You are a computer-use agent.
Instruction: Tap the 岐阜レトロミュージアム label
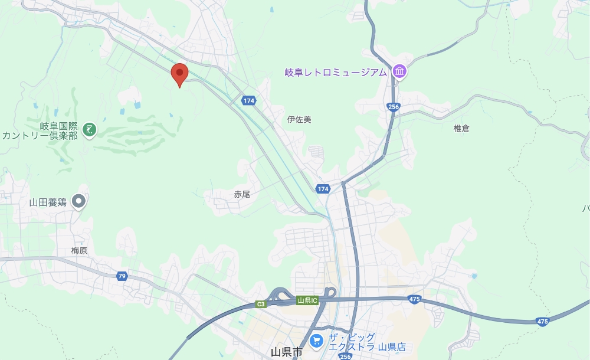(x=336, y=72)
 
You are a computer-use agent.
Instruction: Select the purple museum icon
(x=400, y=72)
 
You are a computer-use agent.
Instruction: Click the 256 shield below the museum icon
(x=394, y=107)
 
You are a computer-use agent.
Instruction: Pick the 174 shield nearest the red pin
(x=248, y=101)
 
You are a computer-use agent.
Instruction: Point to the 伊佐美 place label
(x=299, y=119)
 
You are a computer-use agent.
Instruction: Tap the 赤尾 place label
(x=242, y=194)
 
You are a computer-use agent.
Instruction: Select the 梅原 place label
(x=79, y=250)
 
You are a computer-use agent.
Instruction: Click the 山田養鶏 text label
(x=48, y=202)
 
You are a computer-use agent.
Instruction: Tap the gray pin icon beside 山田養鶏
(x=78, y=202)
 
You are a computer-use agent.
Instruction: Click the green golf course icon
(x=89, y=129)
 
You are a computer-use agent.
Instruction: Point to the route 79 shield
(x=122, y=276)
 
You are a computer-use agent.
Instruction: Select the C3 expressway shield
(x=260, y=305)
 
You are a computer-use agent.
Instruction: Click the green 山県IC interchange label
(x=307, y=300)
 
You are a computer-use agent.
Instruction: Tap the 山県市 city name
(x=286, y=352)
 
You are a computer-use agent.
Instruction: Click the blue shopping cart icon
(x=317, y=341)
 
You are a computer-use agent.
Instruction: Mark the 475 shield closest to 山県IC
(x=415, y=300)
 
